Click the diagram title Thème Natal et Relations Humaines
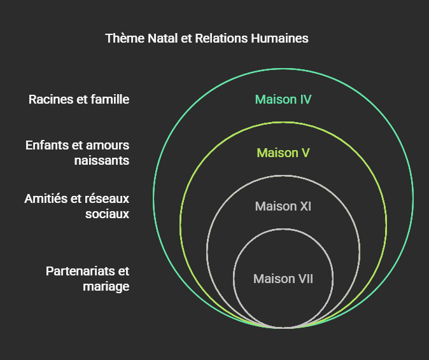pyautogui.click(x=207, y=38)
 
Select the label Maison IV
pyautogui.click(x=283, y=99)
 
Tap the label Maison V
pyautogui.click(x=283, y=153)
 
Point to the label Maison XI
pyautogui.click(x=283, y=206)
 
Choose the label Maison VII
pyautogui.click(x=283, y=279)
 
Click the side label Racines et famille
pyautogui.click(x=79, y=99)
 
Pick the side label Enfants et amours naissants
pyautogui.click(x=78, y=153)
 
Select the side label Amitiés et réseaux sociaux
pyautogui.click(x=77, y=206)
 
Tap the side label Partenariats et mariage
pyautogui.click(x=88, y=279)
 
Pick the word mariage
pyautogui.click(x=106, y=286)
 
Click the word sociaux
pyautogui.click(x=108, y=214)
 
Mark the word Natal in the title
pyautogui.click(x=164, y=38)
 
